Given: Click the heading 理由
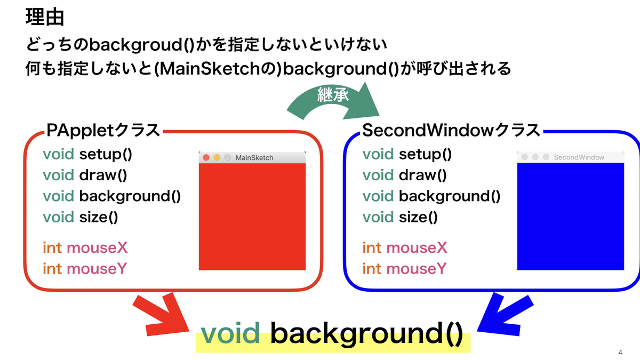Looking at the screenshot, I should pos(45,17).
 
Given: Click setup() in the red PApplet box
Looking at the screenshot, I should pos(106,155).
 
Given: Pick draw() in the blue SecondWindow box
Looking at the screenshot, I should pos(422,175).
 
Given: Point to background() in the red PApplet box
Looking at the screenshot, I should pos(130,196).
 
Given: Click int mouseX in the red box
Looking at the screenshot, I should pos(85,247).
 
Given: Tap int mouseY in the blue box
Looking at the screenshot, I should pos(404,268).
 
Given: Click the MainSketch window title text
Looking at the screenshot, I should pos(254,157).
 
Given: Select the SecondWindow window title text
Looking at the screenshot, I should pos(579,157).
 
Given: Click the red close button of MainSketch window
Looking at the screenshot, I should pos(206,157).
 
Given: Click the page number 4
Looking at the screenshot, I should pos(620,353).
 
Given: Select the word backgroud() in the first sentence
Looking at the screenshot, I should pos(135,46).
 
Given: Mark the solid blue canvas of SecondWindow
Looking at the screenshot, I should pos(570,216).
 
